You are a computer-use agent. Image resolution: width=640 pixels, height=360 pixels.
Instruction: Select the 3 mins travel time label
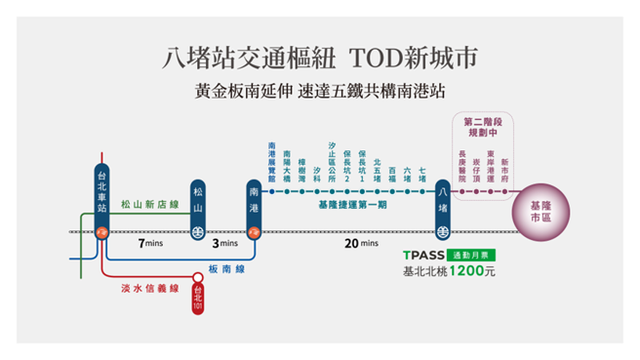pos(225,243)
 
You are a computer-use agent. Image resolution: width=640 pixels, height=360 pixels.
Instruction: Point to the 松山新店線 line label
pos(149,205)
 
